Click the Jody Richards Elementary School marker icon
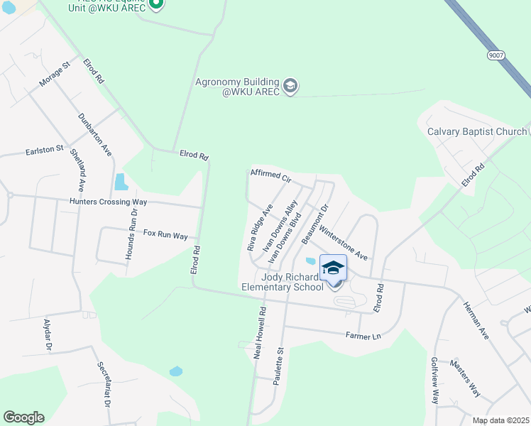tap(333, 268)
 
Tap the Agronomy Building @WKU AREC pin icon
tap(290, 87)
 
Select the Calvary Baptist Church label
tap(476, 131)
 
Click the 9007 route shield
tap(497, 55)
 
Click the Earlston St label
tap(45, 151)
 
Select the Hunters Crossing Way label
tap(108, 202)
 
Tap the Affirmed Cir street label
tap(271, 175)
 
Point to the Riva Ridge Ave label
tap(260, 228)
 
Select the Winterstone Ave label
tap(343, 242)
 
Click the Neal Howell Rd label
tap(260, 332)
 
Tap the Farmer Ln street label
tap(363, 334)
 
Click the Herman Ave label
tap(476, 320)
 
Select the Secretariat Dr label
tap(104, 383)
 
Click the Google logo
tap(23, 417)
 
